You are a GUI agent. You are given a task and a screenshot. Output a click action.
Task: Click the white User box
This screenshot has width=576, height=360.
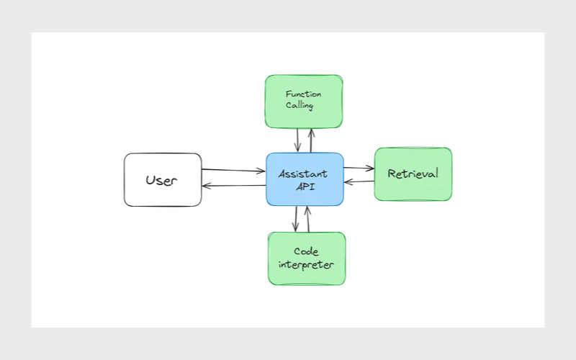(x=162, y=180)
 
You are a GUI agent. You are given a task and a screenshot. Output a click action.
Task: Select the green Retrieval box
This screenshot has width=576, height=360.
(x=413, y=174)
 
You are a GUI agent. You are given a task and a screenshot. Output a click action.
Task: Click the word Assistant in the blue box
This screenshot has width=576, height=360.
(x=303, y=174)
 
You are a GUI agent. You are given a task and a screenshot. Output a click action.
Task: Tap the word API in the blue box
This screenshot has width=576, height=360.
(x=305, y=187)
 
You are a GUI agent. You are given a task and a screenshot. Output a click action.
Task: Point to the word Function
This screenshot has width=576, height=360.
(x=303, y=94)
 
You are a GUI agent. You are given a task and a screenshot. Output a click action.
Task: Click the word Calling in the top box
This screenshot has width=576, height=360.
(x=299, y=107)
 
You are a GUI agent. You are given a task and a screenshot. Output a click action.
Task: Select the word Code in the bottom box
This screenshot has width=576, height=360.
(x=306, y=251)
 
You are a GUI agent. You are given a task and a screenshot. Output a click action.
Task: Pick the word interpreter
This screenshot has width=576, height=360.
(x=306, y=265)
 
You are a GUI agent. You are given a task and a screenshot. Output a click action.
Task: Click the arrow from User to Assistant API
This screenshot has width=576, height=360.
(x=233, y=170)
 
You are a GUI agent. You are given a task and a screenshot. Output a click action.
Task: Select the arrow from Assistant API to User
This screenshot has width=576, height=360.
(x=233, y=186)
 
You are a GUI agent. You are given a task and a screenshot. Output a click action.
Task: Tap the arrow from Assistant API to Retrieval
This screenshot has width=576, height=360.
(x=359, y=168)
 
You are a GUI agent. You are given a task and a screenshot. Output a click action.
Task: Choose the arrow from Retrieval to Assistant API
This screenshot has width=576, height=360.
(x=359, y=181)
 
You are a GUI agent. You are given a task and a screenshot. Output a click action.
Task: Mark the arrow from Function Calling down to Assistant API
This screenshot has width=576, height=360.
(x=297, y=140)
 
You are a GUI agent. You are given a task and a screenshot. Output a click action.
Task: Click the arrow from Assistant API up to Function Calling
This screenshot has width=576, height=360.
(x=311, y=140)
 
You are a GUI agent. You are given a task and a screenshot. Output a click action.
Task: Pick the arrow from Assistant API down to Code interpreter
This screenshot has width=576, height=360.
(x=295, y=219)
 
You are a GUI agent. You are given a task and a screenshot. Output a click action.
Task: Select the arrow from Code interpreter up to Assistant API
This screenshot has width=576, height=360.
(x=307, y=219)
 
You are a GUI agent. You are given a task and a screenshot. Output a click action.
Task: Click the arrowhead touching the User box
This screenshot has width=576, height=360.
(x=206, y=186)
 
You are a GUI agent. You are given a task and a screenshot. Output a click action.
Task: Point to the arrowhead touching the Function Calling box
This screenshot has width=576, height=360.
(x=311, y=131)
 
